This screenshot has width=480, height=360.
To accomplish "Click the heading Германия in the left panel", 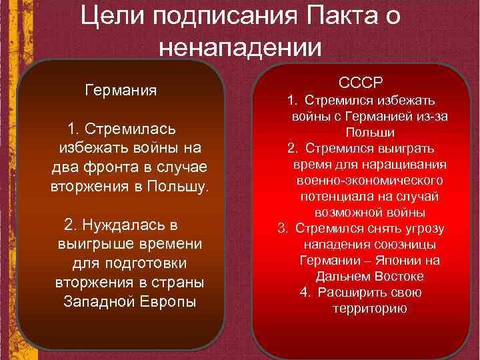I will pyautogui.click(x=121, y=90).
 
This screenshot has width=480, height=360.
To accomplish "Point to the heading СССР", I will pyautogui.click(x=360, y=83).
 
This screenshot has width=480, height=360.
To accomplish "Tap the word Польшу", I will pyautogui.click(x=179, y=185).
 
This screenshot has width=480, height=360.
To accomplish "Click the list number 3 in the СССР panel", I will pyautogui.click(x=283, y=229).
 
